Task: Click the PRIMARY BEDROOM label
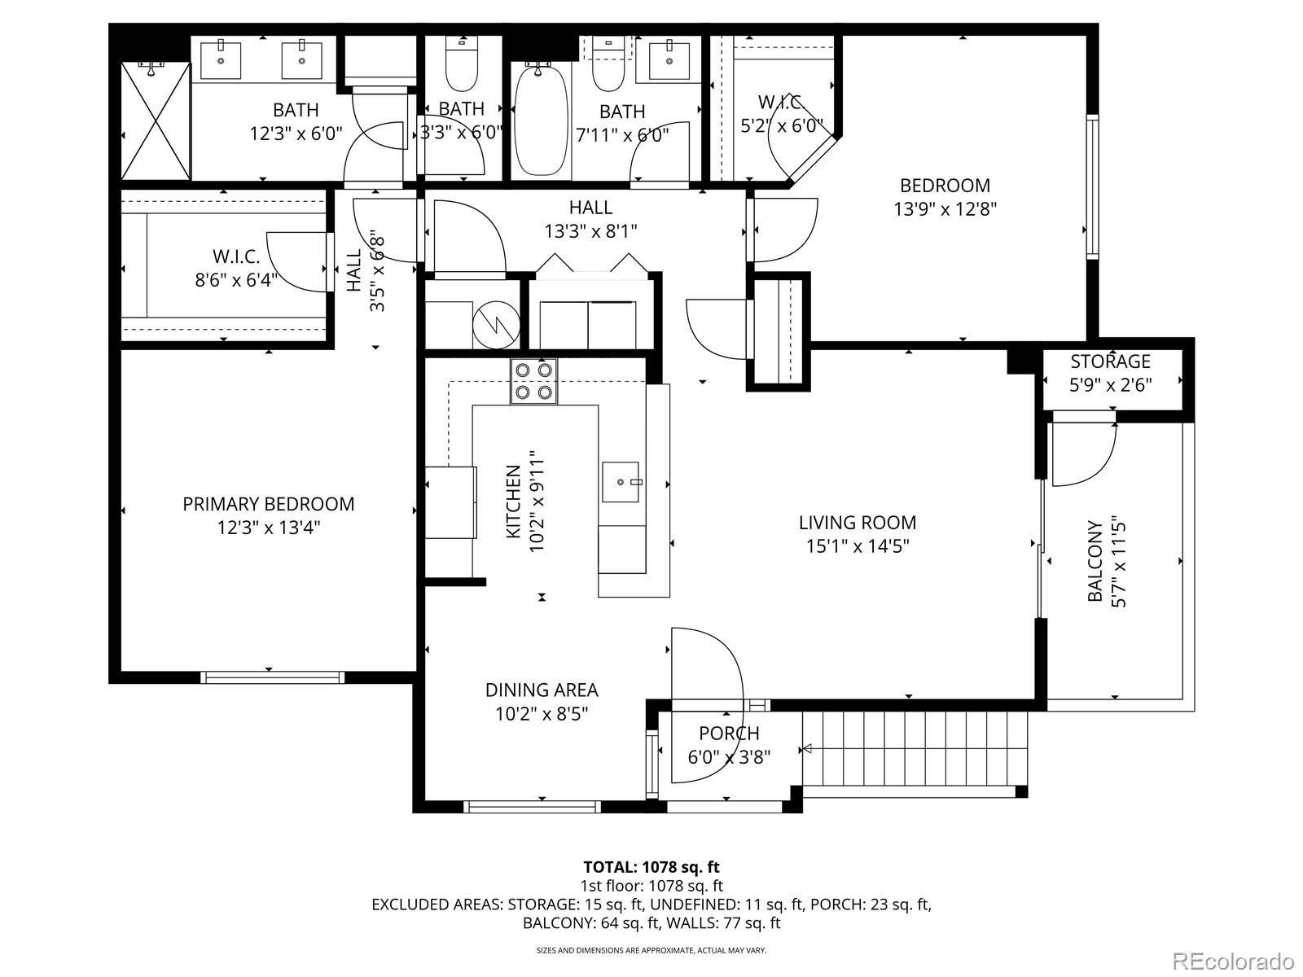[x=268, y=504]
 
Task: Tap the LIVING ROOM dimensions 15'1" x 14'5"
[x=858, y=545]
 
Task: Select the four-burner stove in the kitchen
[x=533, y=381]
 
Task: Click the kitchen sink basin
[x=621, y=482]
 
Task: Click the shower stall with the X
[x=156, y=120]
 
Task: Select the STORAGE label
[x=1110, y=361]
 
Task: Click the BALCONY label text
[x=1095, y=561]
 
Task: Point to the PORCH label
[x=729, y=734]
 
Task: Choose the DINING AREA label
[x=542, y=690]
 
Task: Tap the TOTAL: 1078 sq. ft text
[x=651, y=867]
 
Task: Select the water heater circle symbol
[x=496, y=324]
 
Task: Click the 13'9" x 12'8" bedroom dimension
[x=945, y=209]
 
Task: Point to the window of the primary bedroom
[x=273, y=677]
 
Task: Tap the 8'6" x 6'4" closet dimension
[x=236, y=280]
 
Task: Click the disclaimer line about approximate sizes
[x=651, y=950]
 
